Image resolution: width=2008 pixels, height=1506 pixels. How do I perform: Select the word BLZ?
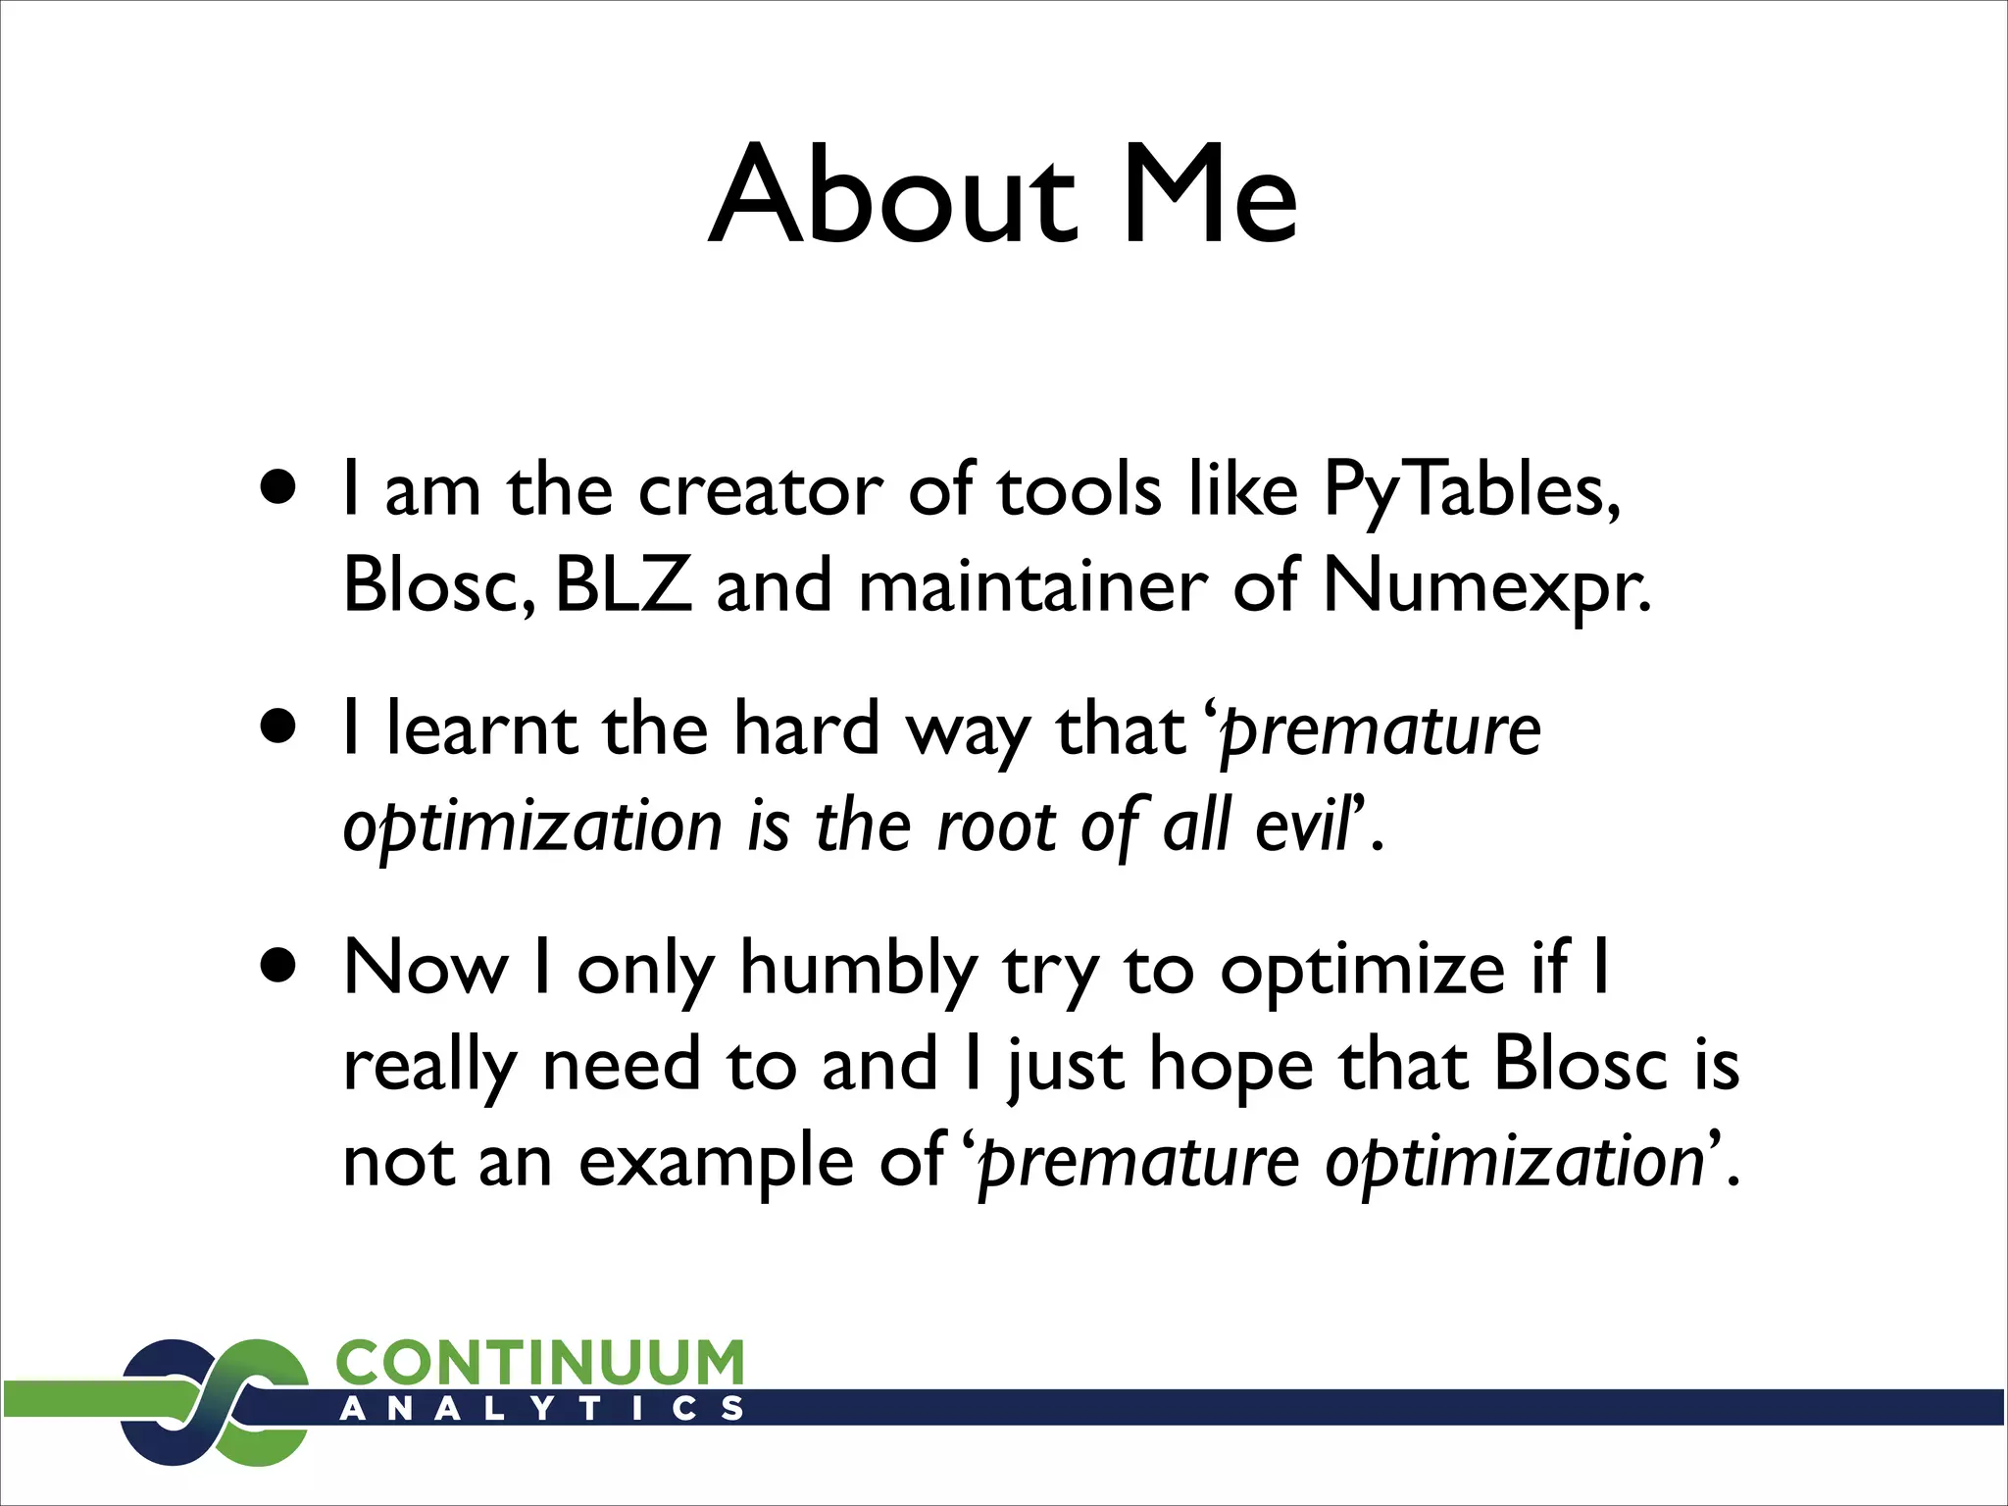click(x=624, y=585)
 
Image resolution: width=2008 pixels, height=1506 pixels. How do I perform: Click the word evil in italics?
click(x=1304, y=826)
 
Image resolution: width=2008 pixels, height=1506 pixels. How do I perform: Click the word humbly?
click(x=859, y=971)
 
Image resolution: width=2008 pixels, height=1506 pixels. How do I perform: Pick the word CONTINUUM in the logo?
click(x=540, y=1363)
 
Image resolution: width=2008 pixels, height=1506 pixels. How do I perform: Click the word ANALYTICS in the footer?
click(x=542, y=1409)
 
